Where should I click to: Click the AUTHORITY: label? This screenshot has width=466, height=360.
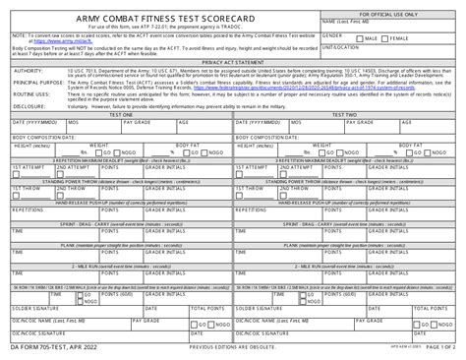coord(25,71)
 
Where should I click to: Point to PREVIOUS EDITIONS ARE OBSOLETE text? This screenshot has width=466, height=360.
coord(233,351)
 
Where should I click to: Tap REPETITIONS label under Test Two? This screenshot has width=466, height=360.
coord(252,210)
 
